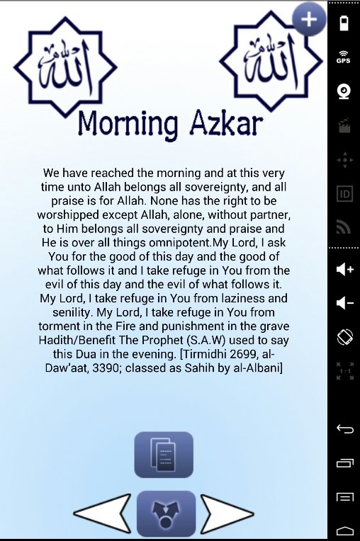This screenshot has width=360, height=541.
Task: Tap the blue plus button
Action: pos(309,20)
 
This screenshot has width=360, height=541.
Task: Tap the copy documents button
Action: pos(163,454)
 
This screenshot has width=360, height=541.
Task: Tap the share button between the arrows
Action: pos(166,512)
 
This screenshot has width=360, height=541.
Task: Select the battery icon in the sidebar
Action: pos(344,23)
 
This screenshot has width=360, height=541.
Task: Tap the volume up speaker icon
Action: pos(344,269)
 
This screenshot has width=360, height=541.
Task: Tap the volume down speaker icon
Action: pos(344,303)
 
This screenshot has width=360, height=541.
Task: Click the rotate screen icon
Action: pos(344,338)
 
